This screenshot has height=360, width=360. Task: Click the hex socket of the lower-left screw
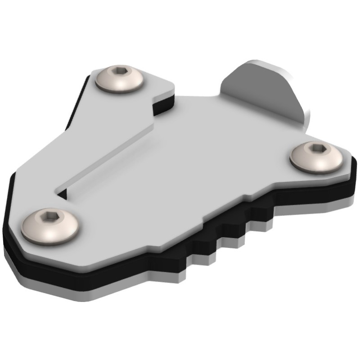49,218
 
